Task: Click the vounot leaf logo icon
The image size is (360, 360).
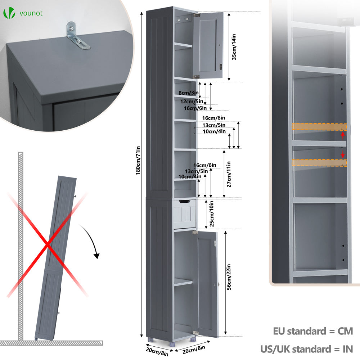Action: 9,13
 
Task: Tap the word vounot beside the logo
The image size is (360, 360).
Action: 31,13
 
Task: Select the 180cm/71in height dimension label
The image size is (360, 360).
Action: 138,161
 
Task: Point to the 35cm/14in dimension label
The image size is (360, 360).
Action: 234,47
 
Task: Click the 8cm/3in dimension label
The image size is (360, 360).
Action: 189,93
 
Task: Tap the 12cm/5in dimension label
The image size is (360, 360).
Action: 192,101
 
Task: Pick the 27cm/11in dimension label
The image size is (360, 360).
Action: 229,174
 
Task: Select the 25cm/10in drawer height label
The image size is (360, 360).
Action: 212,213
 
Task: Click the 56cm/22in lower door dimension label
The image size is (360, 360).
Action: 229,277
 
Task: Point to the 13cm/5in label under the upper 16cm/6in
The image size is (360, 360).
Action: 214,125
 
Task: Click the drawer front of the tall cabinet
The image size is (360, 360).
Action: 185,214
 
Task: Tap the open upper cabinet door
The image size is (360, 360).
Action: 208,45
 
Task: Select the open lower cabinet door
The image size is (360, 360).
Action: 208,284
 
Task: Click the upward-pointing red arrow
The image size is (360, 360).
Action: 343,135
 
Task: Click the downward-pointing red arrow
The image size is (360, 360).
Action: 343,154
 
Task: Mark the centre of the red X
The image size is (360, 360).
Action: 48,245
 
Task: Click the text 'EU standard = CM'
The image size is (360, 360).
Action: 313,331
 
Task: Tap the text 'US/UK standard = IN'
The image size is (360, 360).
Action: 306,349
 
